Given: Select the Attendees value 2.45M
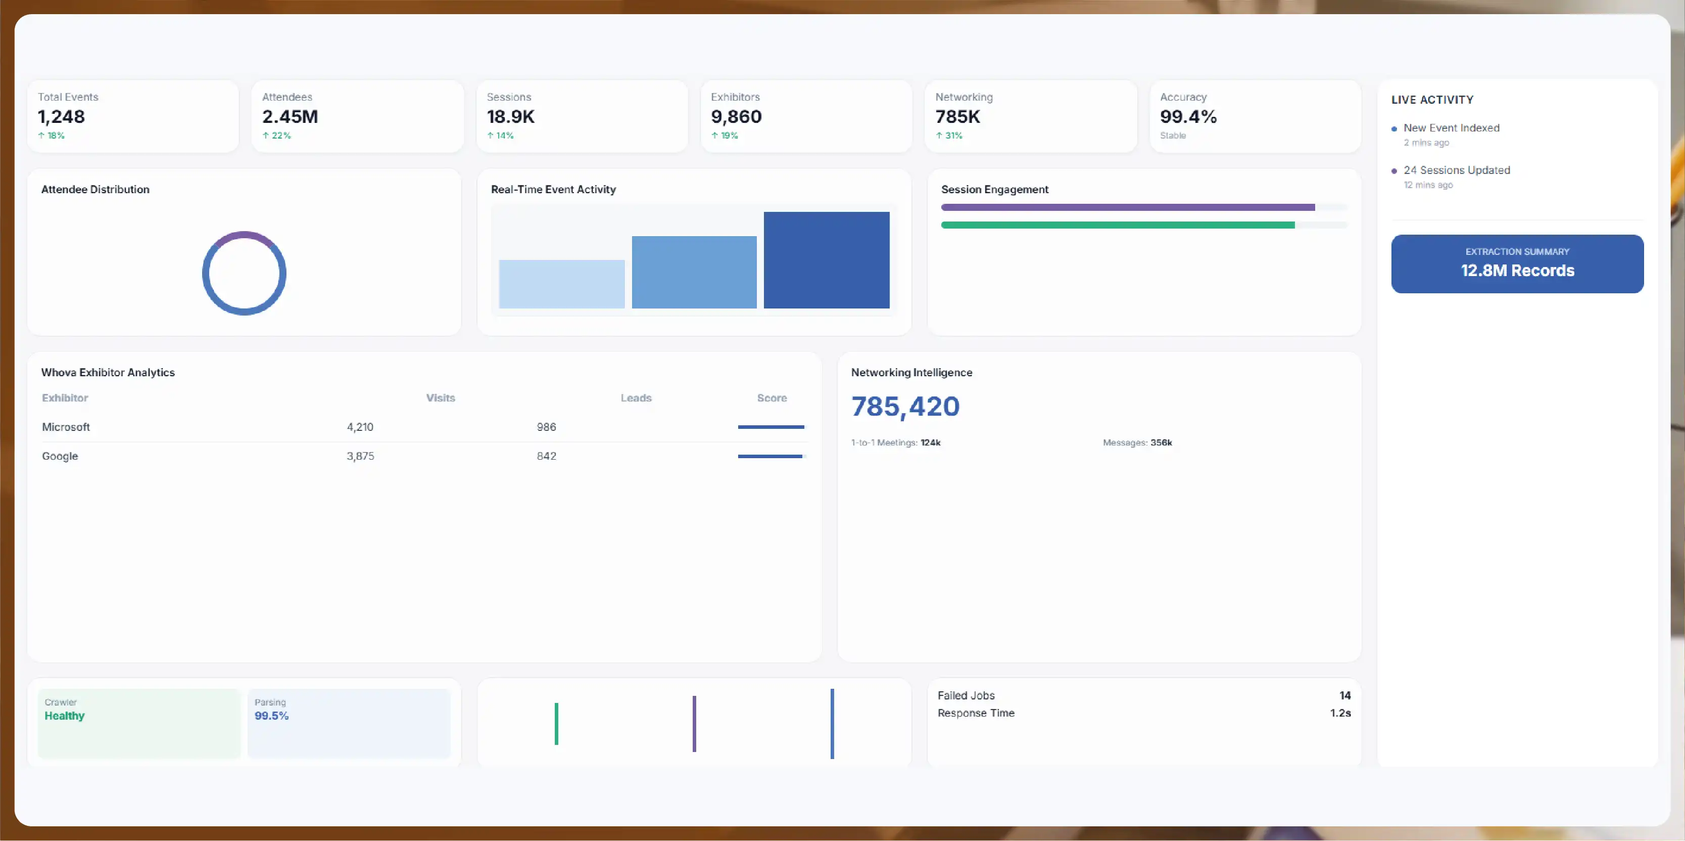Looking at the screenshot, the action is click(290, 116).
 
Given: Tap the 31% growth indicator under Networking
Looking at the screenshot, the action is click(949, 136).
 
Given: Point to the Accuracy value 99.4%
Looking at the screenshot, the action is click(1188, 116).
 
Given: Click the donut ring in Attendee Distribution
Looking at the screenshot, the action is click(244, 234).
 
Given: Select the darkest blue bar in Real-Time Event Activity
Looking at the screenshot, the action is click(826, 260).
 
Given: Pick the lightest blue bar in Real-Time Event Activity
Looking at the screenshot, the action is click(561, 284).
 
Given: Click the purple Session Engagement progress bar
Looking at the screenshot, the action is click(1128, 207).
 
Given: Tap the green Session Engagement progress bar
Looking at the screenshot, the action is click(1117, 225).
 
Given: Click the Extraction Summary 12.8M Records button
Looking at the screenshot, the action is click(1517, 264).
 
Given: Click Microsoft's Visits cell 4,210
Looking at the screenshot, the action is click(360, 427).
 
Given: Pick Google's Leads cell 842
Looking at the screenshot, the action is click(546, 456).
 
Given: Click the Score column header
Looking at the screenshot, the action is click(772, 398).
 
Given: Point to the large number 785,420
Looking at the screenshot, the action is click(905, 407).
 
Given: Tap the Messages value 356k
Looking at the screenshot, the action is click(1161, 442).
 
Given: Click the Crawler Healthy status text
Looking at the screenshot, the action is click(64, 716).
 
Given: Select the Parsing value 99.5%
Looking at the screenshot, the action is click(271, 716).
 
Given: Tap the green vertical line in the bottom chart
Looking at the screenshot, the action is click(556, 724).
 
